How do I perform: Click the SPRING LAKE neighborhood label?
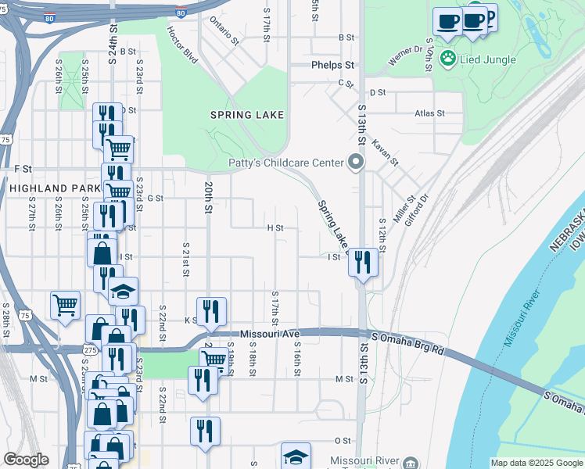[246, 115]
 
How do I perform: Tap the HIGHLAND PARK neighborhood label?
[55, 188]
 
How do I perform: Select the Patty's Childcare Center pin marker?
[356, 163]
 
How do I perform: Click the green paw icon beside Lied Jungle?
[447, 58]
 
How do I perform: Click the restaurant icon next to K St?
[211, 310]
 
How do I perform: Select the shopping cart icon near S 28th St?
[65, 304]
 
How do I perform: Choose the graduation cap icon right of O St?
[296, 456]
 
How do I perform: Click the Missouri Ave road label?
[270, 334]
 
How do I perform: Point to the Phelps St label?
[332, 65]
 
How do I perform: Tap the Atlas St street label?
[429, 113]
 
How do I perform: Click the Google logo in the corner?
[26, 460]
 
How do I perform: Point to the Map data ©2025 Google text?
[536, 463]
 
